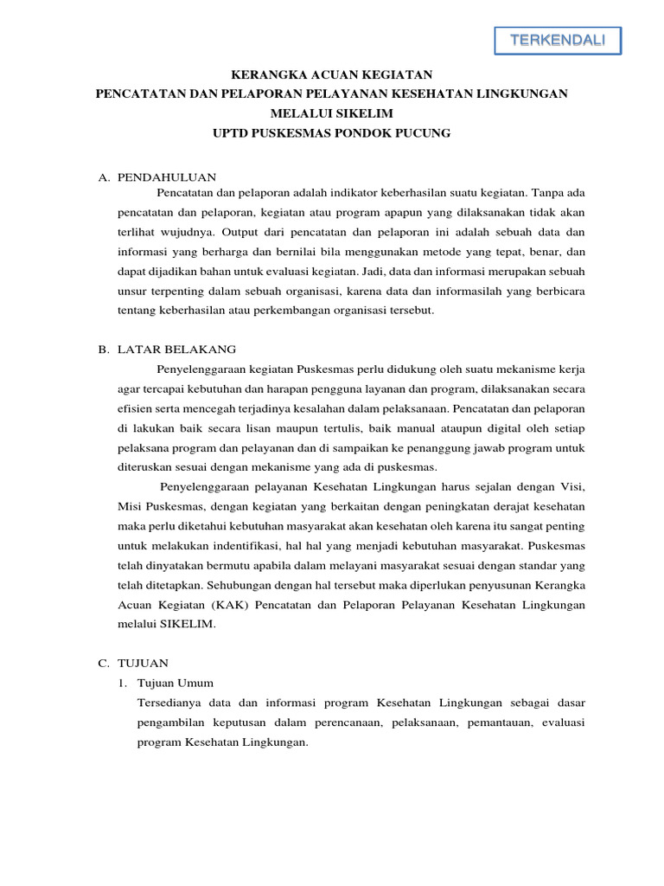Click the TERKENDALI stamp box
pyautogui.click(x=557, y=40)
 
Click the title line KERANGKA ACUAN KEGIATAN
pyautogui.click(x=331, y=75)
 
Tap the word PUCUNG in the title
pyautogui.click(x=424, y=132)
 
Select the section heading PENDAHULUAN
pyautogui.click(x=165, y=177)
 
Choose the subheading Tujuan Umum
pyautogui.click(x=176, y=682)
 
